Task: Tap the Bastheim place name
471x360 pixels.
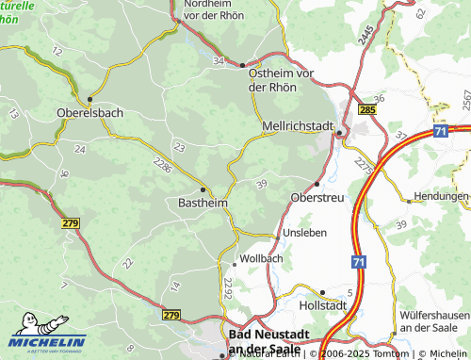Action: [x=202, y=203]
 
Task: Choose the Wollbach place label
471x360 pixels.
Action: [x=261, y=258]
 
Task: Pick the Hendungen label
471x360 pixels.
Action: [x=440, y=197]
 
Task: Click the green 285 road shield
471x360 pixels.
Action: [x=367, y=111]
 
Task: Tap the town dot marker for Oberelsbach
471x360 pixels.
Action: [x=90, y=98]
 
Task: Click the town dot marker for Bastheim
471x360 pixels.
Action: [x=203, y=188]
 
